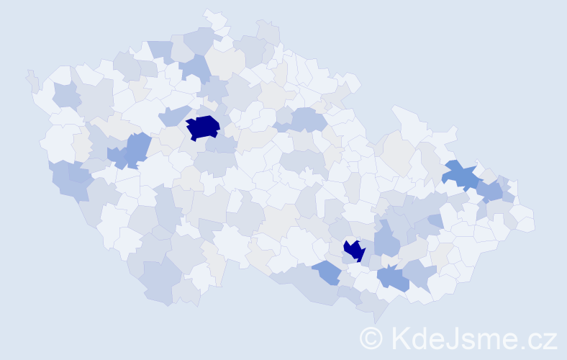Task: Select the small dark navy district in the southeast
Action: pyautogui.click(x=354, y=250)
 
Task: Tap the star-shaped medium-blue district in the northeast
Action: pyautogui.click(x=459, y=174)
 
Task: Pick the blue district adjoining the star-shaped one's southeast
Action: pyautogui.click(x=490, y=191)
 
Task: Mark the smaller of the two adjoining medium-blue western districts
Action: pyautogui.click(x=117, y=155)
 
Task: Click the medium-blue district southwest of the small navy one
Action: pyautogui.click(x=327, y=272)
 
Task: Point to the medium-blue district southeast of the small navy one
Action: pyautogui.click(x=393, y=277)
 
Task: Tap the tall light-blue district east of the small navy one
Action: pyautogui.click(x=386, y=240)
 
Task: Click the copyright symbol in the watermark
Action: pyautogui.click(x=371, y=338)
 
